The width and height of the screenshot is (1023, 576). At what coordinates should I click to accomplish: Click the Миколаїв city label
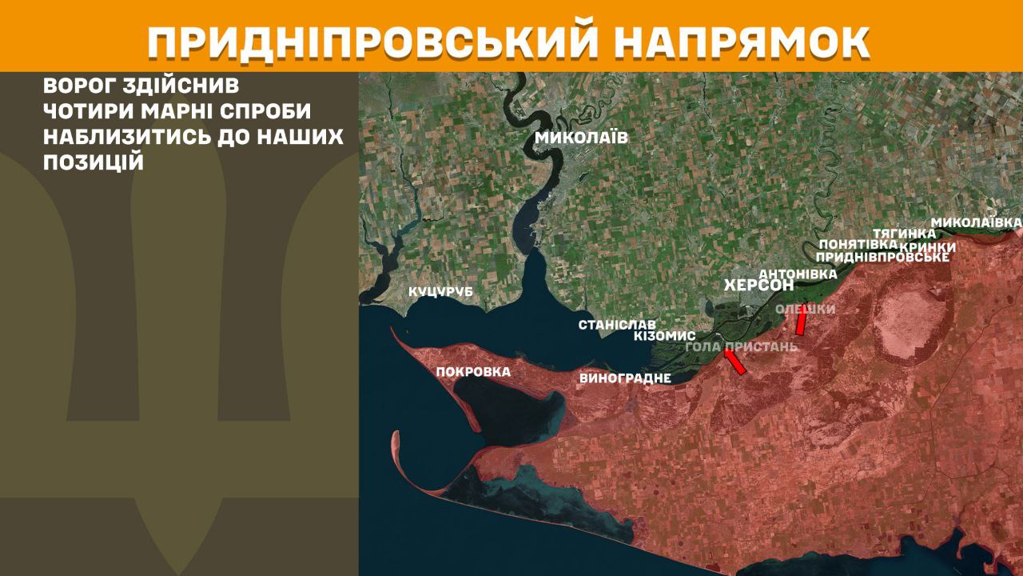pyautogui.click(x=581, y=138)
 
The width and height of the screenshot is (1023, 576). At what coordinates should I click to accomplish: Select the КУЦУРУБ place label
pyautogui.click(x=440, y=292)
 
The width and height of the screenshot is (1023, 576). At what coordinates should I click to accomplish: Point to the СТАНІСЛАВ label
pyautogui.click(x=617, y=325)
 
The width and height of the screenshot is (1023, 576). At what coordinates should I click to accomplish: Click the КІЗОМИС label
pyautogui.click(x=664, y=336)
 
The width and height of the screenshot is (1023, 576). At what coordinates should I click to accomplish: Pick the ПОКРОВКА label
pyautogui.click(x=473, y=372)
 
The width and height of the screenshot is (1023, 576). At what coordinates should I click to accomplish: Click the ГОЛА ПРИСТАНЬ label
pyautogui.click(x=742, y=347)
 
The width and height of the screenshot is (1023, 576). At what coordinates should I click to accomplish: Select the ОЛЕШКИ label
pyautogui.click(x=806, y=310)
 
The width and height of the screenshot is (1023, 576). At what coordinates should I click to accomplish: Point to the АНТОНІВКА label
pyautogui.click(x=797, y=274)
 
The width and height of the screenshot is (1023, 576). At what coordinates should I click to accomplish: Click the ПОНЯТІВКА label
pyautogui.click(x=853, y=245)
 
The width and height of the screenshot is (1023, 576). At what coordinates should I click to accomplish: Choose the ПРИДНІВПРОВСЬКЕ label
pyautogui.click(x=882, y=258)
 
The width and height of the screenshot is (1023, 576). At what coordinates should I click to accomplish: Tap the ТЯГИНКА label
pyautogui.click(x=904, y=233)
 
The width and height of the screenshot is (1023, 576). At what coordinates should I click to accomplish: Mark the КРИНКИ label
pyautogui.click(x=928, y=247)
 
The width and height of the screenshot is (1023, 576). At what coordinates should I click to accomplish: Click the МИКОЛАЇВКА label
pyautogui.click(x=977, y=222)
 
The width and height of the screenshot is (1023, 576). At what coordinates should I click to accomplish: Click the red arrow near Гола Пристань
pyautogui.click(x=734, y=362)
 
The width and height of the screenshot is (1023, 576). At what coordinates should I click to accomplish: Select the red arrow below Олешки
pyautogui.click(x=801, y=322)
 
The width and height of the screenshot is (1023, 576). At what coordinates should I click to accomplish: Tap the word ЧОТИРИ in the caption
pyautogui.click(x=91, y=111)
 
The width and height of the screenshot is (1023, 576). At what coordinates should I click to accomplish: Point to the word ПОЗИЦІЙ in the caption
pyautogui.click(x=94, y=162)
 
